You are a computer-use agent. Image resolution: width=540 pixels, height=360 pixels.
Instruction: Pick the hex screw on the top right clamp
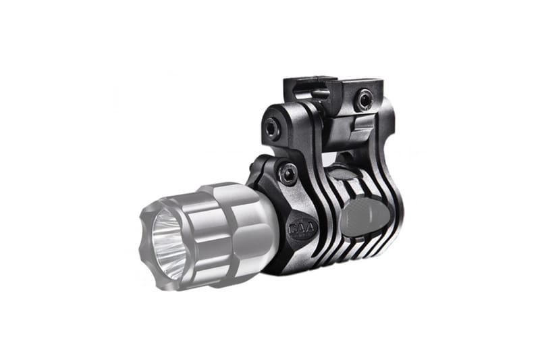click(x=365, y=101)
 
